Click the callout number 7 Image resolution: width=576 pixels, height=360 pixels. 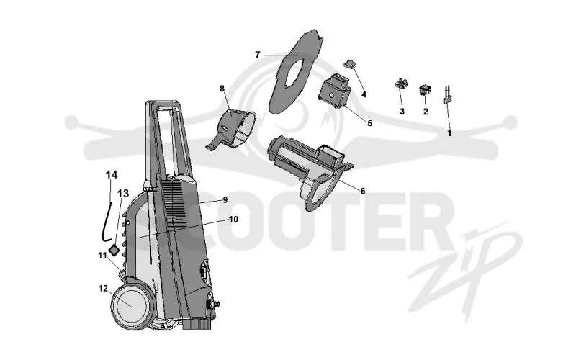click(x=258, y=55)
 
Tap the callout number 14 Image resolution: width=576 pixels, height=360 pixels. click(x=112, y=175)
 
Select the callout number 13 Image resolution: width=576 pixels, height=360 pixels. click(x=123, y=193)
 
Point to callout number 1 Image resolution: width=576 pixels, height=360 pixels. click(x=449, y=133)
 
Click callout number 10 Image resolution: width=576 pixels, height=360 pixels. click(x=233, y=220)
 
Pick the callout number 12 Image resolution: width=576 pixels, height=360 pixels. click(x=103, y=289)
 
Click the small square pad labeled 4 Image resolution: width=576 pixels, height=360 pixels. click(x=351, y=64)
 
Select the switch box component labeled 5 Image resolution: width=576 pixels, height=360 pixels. click(x=334, y=91)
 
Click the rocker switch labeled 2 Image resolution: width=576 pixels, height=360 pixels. click(x=425, y=89)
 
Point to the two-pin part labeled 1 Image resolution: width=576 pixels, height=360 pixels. click(x=448, y=95)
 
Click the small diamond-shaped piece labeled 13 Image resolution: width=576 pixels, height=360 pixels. click(x=114, y=250)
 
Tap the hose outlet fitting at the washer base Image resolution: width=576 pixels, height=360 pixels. click(x=213, y=304)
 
